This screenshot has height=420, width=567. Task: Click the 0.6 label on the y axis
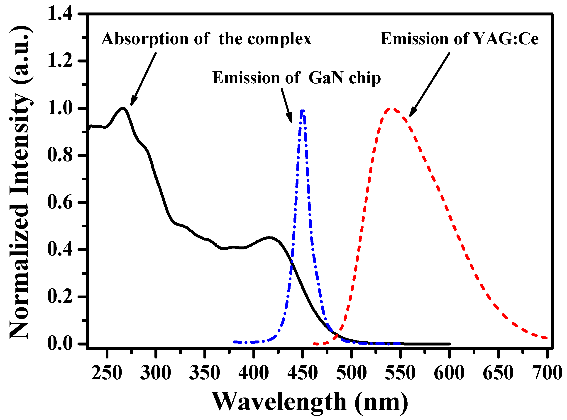point(60,203)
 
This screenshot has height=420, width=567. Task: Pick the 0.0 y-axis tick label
point(60,344)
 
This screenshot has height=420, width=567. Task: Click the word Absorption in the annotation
point(145,39)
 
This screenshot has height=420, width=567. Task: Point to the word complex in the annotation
point(279,39)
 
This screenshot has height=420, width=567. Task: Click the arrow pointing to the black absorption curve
point(143,79)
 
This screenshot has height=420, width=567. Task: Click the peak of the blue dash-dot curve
point(302,111)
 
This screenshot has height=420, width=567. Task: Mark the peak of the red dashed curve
point(392,109)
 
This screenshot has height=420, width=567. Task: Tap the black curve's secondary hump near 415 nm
point(269,238)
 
